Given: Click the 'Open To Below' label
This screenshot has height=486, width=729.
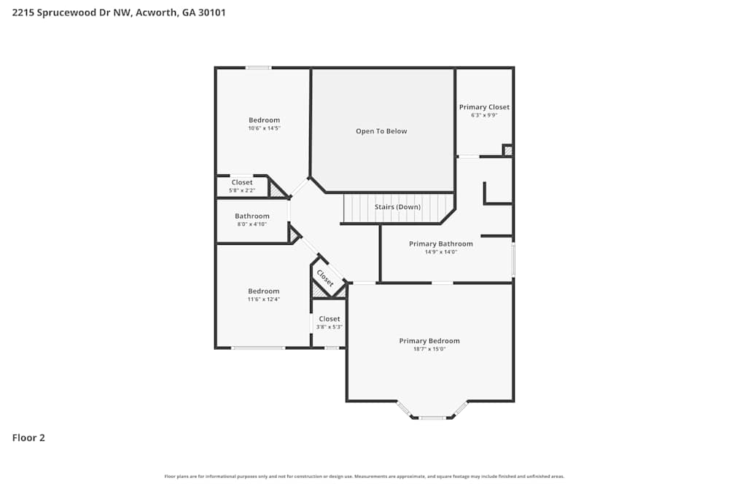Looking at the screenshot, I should pos(381,131).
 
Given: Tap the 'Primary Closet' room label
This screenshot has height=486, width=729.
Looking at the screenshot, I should pos(484,107).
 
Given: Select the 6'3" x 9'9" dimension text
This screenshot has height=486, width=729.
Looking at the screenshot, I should pos(484,115).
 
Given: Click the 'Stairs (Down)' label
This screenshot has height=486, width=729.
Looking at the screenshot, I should pos(397,207).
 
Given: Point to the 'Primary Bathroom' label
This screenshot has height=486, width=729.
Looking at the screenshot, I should pos(440,244).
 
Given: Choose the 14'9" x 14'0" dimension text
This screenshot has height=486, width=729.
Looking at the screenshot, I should pos(440,252).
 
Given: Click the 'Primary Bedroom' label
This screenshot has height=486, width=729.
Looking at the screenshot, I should pos(429,341).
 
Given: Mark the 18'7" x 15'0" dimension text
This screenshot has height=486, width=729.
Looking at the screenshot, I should pos(429,349).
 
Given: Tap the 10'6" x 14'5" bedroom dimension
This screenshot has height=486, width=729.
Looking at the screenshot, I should pos(264,128).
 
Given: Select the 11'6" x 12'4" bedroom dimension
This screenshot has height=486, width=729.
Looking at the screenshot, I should pos(264,299).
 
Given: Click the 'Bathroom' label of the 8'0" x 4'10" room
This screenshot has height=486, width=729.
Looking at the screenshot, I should pos(252,216).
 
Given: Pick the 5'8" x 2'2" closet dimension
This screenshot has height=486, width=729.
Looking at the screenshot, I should pos(242,190).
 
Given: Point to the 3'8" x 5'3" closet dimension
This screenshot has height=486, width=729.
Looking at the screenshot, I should pos(329,326).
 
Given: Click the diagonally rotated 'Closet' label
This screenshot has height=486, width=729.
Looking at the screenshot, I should pos(325,278).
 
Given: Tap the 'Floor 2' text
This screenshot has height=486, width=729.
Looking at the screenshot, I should pos(28,438).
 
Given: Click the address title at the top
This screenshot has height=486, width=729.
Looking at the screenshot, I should pos(119,12).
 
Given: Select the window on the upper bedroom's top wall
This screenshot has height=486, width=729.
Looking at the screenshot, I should pos(258,68).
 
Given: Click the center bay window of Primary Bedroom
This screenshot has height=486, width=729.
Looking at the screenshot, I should pos(432,418).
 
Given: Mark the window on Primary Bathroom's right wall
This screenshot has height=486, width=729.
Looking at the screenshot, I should pos(513,260).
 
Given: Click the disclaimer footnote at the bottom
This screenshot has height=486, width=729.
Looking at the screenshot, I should pos(364,477).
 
